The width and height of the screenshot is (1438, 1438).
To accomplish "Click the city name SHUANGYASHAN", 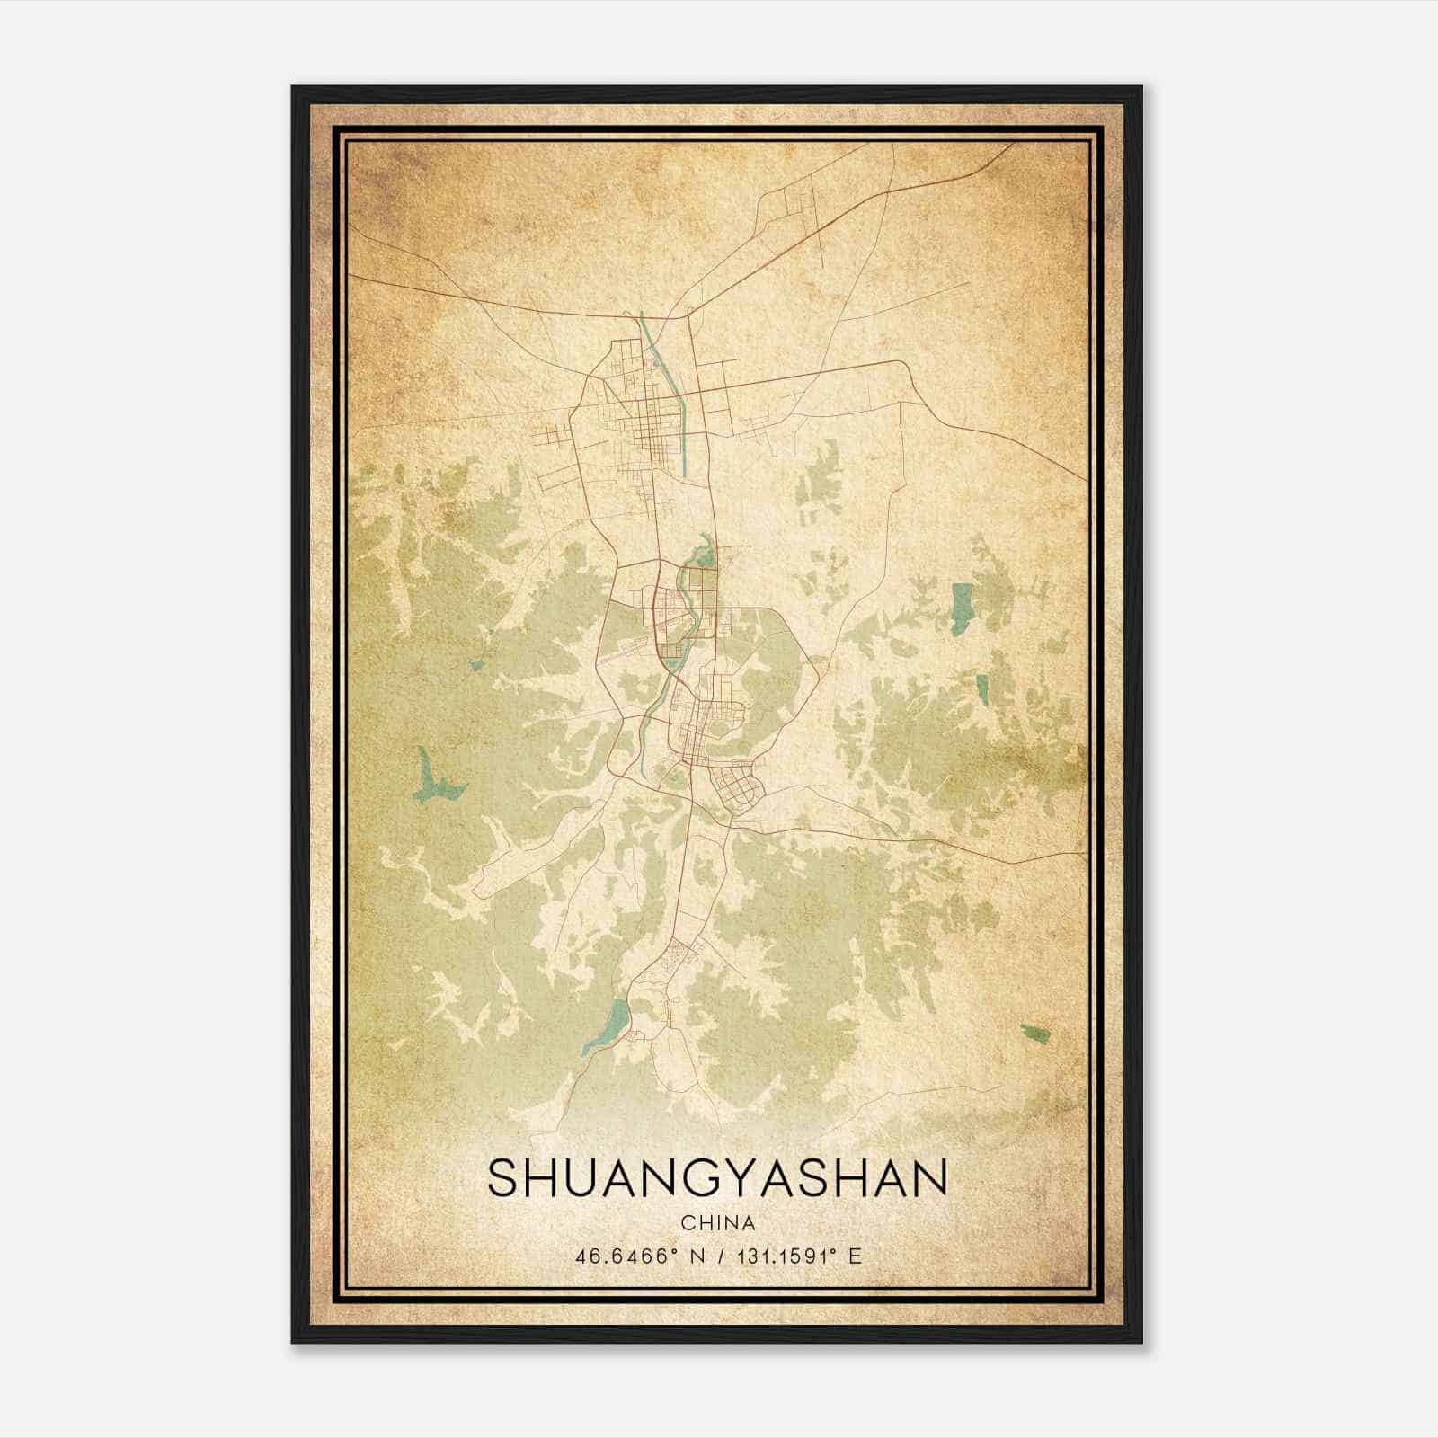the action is (x=717, y=1178).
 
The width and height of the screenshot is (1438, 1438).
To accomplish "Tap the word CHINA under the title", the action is (x=717, y=1223).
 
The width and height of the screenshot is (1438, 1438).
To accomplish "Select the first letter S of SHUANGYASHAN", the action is (x=502, y=1178).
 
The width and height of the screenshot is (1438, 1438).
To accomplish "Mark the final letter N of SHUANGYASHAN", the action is (x=930, y=1178).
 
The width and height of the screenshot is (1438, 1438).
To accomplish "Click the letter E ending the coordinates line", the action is (x=856, y=1256).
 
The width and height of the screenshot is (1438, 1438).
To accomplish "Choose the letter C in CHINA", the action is (x=688, y=1223).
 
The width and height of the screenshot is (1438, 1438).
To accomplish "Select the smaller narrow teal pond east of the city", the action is (x=983, y=688).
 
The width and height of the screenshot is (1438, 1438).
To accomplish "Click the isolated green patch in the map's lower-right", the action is (x=1035, y=1034).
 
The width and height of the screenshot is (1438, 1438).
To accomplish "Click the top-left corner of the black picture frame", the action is (x=293, y=87).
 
